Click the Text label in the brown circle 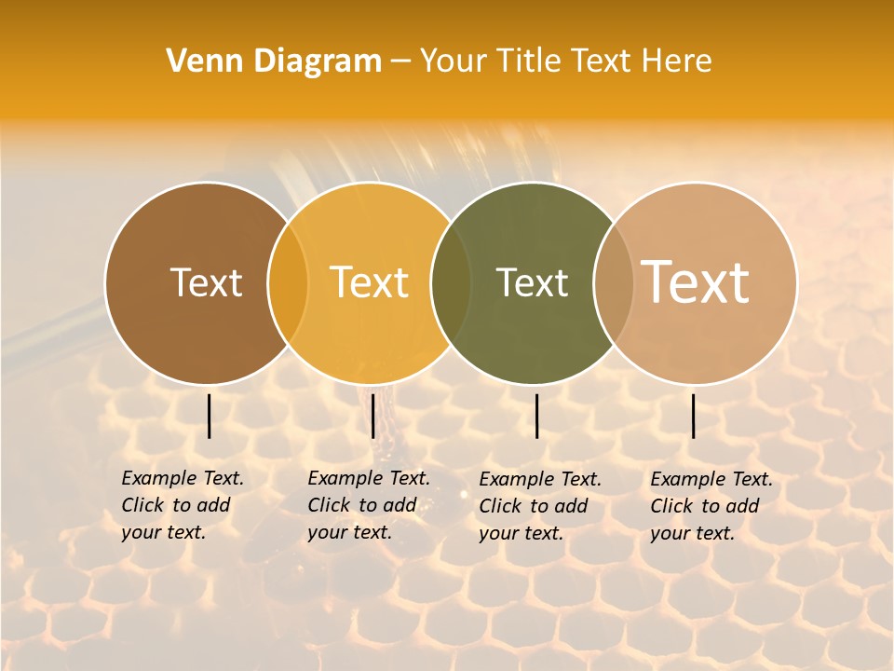(x=206, y=282)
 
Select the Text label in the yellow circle (x=370, y=282)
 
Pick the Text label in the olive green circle (x=532, y=282)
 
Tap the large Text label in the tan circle (x=696, y=281)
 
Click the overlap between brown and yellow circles (x=288, y=283)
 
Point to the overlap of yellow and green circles (x=451, y=283)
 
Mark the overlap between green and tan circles (x=614, y=283)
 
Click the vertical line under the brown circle (x=209, y=416)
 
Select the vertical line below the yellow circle (x=372, y=416)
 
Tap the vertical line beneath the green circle (x=536, y=416)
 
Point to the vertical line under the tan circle (x=693, y=416)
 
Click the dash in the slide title (x=400, y=62)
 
